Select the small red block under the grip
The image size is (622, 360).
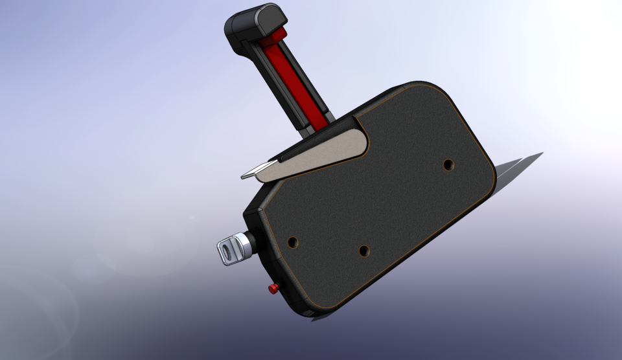[279, 33]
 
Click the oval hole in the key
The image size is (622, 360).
[226, 249]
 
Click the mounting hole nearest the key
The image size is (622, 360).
[293, 242]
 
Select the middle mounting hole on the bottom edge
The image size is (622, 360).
[363, 250]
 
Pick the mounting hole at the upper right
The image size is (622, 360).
[448, 164]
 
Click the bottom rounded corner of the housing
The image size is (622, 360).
[311, 309]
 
